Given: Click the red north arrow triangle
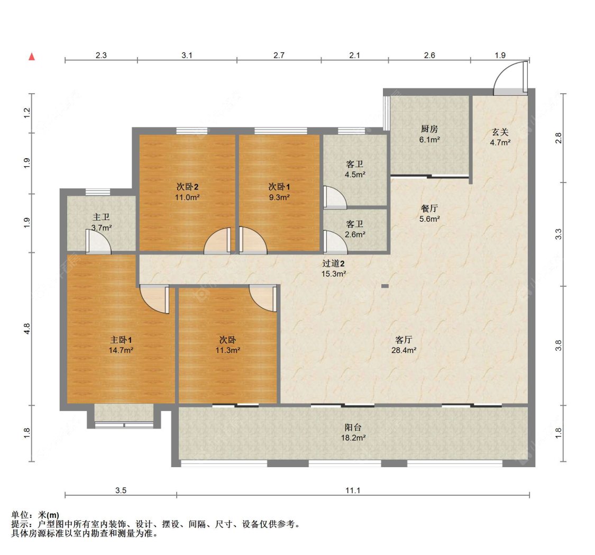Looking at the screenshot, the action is [x=32, y=57].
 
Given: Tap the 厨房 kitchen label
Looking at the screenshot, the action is [x=429, y=129].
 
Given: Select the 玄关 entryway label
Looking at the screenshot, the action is [x=500, y=132].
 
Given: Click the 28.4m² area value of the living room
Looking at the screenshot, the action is [x=404, y=350].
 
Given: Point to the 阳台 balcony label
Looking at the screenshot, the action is [x=353, y=427].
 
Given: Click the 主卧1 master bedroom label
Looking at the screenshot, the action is [x=121, y=340].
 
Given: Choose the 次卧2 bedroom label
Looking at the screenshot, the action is [x=187, y=187].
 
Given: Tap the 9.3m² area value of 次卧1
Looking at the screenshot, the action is [x=279, y=197].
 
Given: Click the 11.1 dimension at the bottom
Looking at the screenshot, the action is [x=353, y=490].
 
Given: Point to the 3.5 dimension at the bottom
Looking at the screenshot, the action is [x=121, y=490].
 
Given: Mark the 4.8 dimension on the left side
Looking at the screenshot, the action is [x=26, y=329].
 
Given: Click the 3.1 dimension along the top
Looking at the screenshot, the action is [x=187, y=56].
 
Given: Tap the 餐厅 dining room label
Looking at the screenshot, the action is [x=429, y=208].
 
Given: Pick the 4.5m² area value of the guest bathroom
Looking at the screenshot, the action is [x=355, y=175].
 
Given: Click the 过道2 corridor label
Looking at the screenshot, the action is [x=334, y=263].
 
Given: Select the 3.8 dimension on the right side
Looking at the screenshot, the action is [x=558, y=345].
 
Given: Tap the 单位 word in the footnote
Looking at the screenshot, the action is [x=20, y=515].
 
